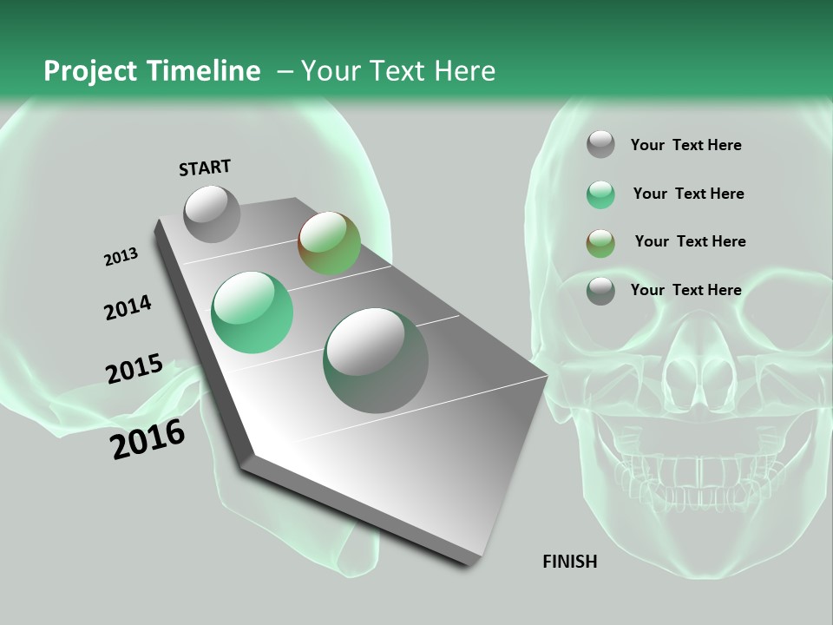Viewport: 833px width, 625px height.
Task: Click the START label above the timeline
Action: point(205,168)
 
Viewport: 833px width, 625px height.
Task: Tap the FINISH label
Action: point(570,562)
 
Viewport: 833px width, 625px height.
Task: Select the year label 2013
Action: point(121,257)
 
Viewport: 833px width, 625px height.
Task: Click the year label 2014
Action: point(128,308)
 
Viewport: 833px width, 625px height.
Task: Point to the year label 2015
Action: point(134,368)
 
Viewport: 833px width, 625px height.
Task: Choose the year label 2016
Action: point(148,439)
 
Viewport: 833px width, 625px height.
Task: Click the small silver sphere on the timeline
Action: point(212,214)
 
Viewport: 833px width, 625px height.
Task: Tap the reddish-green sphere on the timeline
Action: point(329,243)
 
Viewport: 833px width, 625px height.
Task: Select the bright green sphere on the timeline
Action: point(253,312)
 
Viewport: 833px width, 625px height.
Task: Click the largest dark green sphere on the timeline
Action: point(375,360)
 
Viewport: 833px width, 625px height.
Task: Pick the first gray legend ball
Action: point(600,145)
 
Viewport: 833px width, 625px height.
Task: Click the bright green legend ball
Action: point(600,194)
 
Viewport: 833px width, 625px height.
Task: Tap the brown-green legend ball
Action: point(600,242)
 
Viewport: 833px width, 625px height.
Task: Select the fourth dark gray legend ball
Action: point(600,291)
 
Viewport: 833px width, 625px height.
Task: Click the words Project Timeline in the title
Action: point(152,71)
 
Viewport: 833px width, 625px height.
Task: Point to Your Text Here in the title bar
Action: point(397,71)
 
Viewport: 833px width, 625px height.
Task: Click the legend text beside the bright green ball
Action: point(688,194)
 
